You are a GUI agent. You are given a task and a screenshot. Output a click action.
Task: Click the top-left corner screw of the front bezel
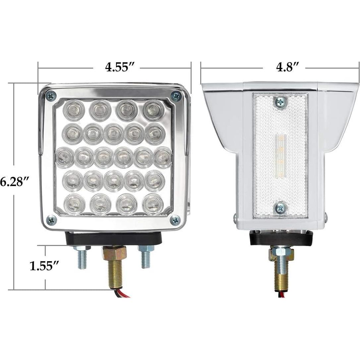pyautogui.click(x=51, y=96)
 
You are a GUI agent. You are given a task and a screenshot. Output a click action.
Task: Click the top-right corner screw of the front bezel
pyautogui.click(x=176, y=96)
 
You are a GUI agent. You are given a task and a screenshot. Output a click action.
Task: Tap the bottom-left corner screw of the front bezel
pyautogui.click(x=51, y=219)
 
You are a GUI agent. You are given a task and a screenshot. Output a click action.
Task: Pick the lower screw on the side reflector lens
pyautogui.click(x=280, y=208)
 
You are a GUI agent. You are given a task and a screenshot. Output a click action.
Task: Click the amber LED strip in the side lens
pyautogui.click(x=280, y=155)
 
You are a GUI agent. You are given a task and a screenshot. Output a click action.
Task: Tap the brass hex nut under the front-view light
pyautogui.click(x=115, y=253)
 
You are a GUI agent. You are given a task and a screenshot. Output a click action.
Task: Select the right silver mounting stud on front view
pyautogui.click(x=146, y=258)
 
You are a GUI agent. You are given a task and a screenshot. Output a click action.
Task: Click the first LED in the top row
pyautogui.click(x=74, y=110)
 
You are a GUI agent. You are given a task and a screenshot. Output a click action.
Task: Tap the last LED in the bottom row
pyautogui.click(x=153, y=204)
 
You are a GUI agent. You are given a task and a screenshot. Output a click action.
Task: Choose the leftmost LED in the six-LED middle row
pyautogui.click(x=65, y=157)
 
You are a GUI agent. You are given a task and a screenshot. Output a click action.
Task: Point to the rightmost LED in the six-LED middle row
pyautogui.click(x=163, y=157)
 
